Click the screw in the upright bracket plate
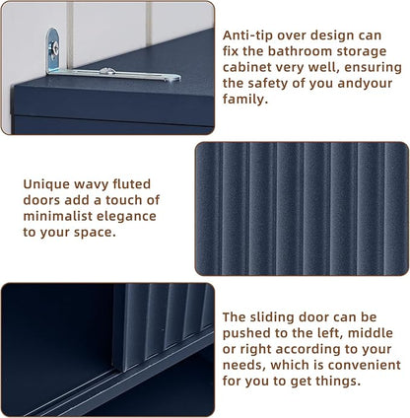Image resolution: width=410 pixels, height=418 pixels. (x=54, y=49)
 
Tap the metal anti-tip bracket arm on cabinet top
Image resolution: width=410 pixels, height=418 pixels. (x=113, y=74)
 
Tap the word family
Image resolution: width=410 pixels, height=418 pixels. (x=245, y=100)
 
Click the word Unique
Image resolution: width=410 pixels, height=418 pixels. (x=45, y=184)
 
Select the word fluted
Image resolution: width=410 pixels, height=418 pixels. (x=132, y=184)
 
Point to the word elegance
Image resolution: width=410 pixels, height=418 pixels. (x=125, y=217)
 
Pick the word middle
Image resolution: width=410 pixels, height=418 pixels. (x=371, y=333)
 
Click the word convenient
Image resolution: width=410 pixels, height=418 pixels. (x=365, y=366)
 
